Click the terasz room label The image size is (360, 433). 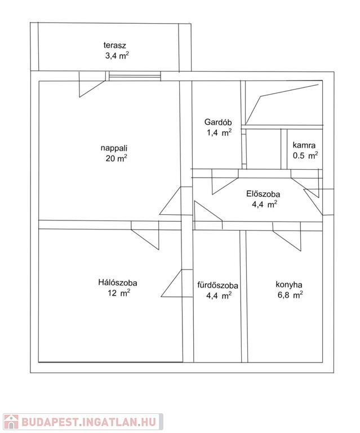point(114,45)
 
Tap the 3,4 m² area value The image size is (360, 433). point(117,56)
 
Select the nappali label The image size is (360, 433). point(114,148)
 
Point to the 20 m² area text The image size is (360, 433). point(116,158)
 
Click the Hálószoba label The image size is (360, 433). point(118,282)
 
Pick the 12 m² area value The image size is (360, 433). point(119,293)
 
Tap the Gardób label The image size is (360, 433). point(218,122)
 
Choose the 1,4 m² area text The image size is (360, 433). point(219,132)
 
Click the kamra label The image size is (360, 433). point(304,145)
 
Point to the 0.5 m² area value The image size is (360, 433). point(305,155)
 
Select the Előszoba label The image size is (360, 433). point(263,194)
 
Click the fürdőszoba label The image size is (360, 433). point(217,285)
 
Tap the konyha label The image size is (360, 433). point(289,284)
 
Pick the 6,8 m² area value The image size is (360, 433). point(290,295)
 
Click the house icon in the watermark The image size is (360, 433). point(11,422)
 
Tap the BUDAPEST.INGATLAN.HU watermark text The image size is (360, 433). point(88,422)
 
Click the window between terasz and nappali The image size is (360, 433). point(135,76)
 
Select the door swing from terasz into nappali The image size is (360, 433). point(92,84)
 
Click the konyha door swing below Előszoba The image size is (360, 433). point(287,236)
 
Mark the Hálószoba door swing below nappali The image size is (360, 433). point(145,235)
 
